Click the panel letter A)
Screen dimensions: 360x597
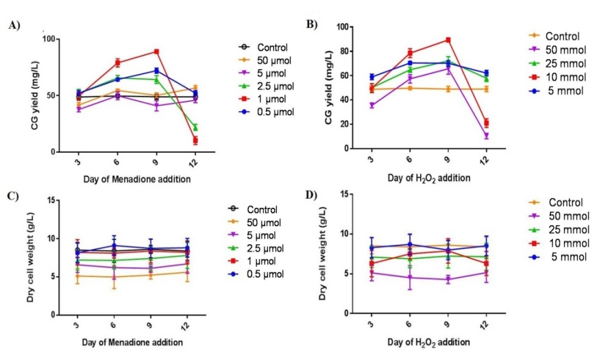[x=13, y=25]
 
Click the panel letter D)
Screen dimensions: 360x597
[x=311, y=196]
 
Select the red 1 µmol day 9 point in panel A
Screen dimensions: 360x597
[x=156, y=51]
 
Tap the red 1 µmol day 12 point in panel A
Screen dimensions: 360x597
[x=195, y=141]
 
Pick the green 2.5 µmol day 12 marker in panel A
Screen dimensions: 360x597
[x=195, y=127]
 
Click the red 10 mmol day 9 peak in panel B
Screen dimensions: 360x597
[x=448, y=40]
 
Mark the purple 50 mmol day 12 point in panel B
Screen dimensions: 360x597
[x=486, y=136]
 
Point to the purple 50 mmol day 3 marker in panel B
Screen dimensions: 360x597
[x=371, y=105]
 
